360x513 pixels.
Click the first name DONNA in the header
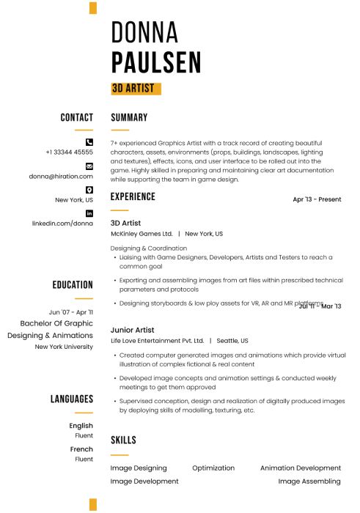[x=144, y=32]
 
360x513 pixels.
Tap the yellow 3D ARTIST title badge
[x=136, y=89]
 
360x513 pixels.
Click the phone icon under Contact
[x=89, y=141]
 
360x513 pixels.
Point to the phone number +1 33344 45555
[x=69, y=152]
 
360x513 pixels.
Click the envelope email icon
[x=89, y=166]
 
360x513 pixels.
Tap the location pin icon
[x=89, y=189]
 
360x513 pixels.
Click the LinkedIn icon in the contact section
[x=89, y=213]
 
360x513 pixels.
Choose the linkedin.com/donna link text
[x=62, y=224]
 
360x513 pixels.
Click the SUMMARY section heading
[x=129, y=117]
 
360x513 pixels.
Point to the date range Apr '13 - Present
[x=317, y=199]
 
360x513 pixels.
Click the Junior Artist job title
[x=133, y=331]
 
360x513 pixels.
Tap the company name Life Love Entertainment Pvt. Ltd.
[x=157, y=341]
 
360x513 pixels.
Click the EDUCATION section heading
[x=73, y=285]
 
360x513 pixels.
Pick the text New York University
[x=64, y=347]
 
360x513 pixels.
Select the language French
[x=81, y=449]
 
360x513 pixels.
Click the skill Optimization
[x=213, y=468]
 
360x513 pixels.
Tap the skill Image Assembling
[x=309, y=481]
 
